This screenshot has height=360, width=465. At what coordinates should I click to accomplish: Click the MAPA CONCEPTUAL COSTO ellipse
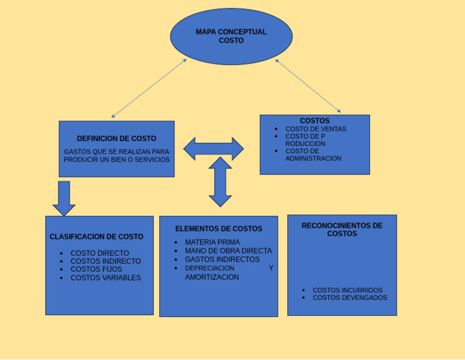click(x=231, y=36)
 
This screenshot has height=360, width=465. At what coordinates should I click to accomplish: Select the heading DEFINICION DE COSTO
click(x=116, y=139)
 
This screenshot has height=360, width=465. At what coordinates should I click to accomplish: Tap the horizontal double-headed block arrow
click(x=213, y=148)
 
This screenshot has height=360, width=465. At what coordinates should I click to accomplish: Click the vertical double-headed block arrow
click(x=220, y=182)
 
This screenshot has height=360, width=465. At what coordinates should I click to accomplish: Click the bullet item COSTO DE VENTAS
click(x=315, y=129)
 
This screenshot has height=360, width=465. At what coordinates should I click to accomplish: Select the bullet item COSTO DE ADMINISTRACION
click(x=313, y=155)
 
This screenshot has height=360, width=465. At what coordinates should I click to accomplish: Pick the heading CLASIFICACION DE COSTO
click(x=96, y=237)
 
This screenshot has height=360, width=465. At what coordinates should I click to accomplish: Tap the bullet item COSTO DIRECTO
click(x=99, y=253)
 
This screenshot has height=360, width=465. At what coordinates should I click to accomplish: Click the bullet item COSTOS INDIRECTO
click(x=105, y=261)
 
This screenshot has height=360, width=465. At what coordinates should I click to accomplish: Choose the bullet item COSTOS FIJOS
click(x=96, y=269)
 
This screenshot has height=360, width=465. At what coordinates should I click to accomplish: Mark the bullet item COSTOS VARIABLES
click(x=105, y=278)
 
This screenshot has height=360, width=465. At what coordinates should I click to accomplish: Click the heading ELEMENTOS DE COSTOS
click(x=219, y=229)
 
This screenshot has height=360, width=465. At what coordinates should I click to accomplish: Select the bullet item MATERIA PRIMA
click(x=212, y=242)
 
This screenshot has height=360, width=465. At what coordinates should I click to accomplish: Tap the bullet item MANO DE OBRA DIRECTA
click(x=228, y=251)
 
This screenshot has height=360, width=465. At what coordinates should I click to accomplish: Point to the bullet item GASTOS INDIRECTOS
click(x=222, y=259)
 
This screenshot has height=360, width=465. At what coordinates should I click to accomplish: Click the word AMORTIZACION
click(x=212, y=277)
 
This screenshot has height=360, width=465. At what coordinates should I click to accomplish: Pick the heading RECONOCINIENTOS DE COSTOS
click(x=342, y=230)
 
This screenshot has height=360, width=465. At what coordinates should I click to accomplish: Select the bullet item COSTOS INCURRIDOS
click(x=348, y=290)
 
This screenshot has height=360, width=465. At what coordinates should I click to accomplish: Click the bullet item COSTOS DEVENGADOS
click(x=350, y=298)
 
